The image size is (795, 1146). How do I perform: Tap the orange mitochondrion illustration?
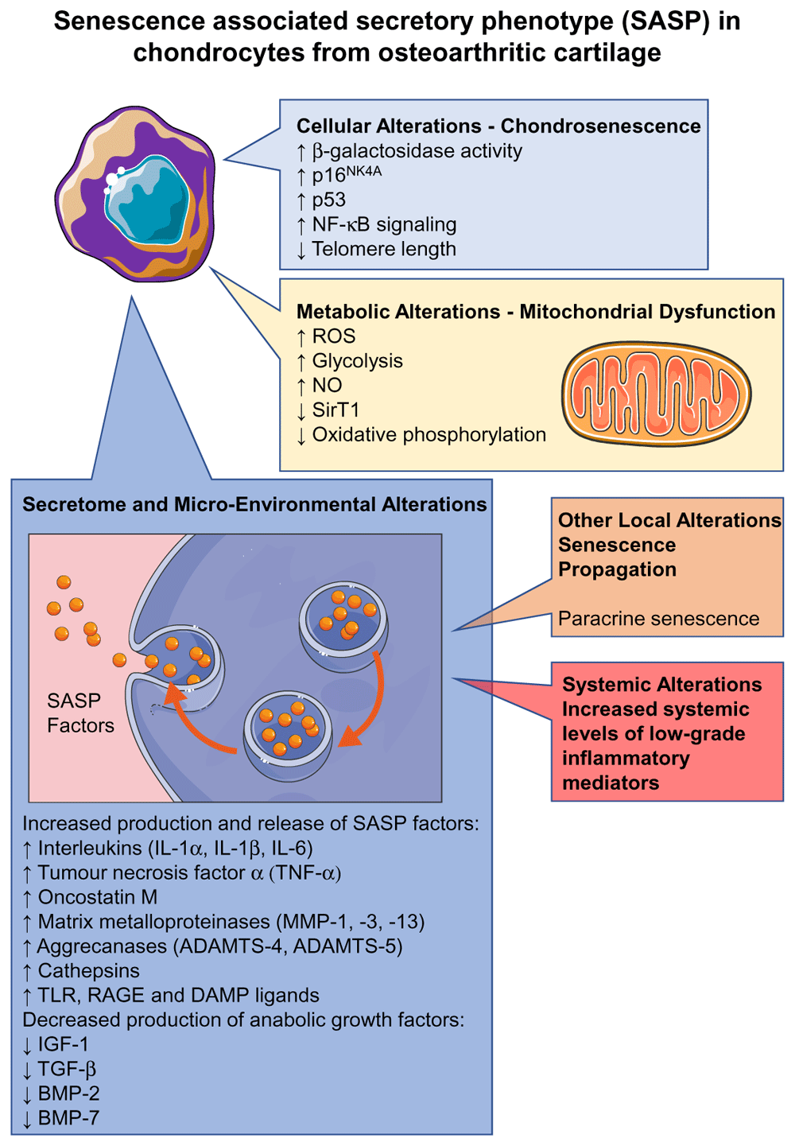pyautogui.click(x=656, y=394)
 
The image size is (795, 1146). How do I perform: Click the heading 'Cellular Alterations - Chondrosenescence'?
pyautogui.click(x=498, y=126)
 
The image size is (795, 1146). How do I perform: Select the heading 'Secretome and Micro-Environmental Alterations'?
pyautogui.click(x=254, y=505)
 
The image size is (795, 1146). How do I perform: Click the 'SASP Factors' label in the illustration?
pyautogui.click(x=79, y=713)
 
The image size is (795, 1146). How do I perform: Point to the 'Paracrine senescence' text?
pyautogui.click(x=658, y=619)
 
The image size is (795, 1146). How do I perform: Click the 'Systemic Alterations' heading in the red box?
pyautogui.click(x=661, y=685)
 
